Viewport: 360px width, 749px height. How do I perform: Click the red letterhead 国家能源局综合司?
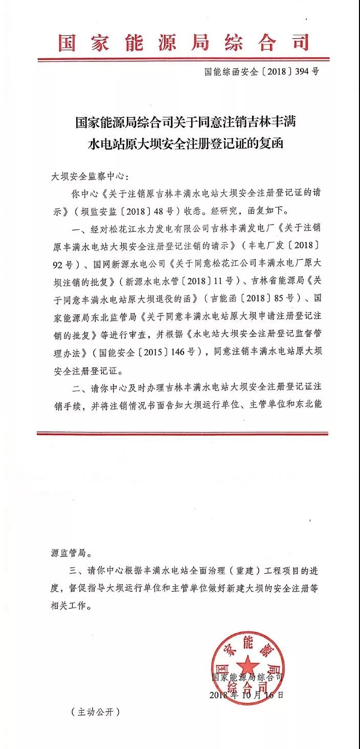[184, 42]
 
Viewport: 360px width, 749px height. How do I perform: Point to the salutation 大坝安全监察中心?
[87, 177]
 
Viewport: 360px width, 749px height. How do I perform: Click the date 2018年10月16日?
[246, 695]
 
